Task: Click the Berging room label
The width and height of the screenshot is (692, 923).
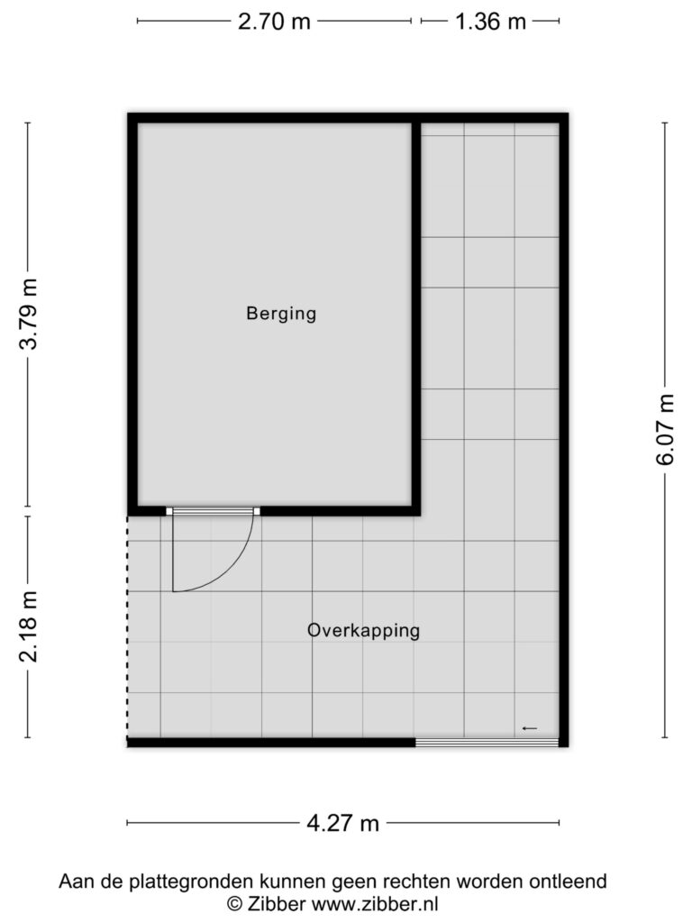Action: pyautogui.click(x=281, y=313)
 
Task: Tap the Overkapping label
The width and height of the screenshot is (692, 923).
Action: pyautogui.click(x=364, y=630)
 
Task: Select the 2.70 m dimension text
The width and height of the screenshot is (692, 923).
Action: pyautogui.click(x=274, y=22)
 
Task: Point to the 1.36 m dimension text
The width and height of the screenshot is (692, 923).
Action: pyautogui.click(x=491, y=22)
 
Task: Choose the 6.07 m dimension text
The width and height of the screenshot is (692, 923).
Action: pyautogui.click(x=665, y=429)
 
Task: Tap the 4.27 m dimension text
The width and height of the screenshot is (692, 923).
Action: pyautogui.click(x=343, y=823)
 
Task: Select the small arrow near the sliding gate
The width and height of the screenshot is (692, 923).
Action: pyautogui.click(x=530, y=728)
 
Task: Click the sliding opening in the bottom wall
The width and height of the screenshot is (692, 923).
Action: pyautogui.click(x=487, y=743)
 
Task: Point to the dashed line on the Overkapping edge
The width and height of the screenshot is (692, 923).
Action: pyautogui.click(x=128, y=627)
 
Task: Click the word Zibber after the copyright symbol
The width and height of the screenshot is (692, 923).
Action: pyautogui.click(x=276, y=903)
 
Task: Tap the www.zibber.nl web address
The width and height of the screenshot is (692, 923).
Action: pyautogui.click(x=374, y=903)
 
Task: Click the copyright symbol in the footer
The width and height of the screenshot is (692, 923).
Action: pyautogui.click(x=234, y=903)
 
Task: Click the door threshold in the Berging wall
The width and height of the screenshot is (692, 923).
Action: pyautogui.click(x=213, y=511)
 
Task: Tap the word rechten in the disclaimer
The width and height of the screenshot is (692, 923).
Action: pyautogui.click(x=418, y=882)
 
